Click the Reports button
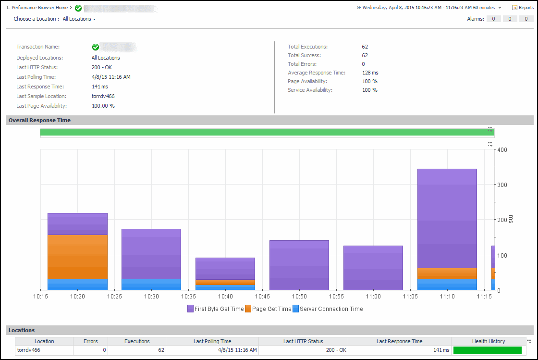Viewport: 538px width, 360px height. pyautogui.click(x=523, y=8)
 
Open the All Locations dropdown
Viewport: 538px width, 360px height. pyautogui.click(x=79, y=19)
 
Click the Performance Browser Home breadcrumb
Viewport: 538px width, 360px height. pyautogui.click(x=39, y=8)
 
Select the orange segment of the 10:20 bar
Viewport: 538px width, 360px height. pyautogui.click(x=77, y=257)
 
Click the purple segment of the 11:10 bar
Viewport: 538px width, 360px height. pyautogui.click(x=447, y=218)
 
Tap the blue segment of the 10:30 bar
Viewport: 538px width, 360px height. pyautogui.click(x=151, y=285)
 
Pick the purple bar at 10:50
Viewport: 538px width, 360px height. pyautogui.click(x=299, y=265)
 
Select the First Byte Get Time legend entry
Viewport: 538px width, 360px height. pyautogui.click(x=216, y=309)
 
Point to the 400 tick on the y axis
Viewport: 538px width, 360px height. pyautogui.click(x=502, y=150)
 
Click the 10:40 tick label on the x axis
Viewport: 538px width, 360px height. pyautogui.click(x=225, y=297)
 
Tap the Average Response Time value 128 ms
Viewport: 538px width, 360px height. pyautogui.click(x=370, y=73)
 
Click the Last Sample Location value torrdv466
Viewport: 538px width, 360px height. pyautogui.click(x=103, y=96)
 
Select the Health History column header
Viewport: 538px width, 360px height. pyautogui.click(x=488, y=341)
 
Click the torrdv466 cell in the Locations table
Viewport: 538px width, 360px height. pyautogui.click(x=29, y=350)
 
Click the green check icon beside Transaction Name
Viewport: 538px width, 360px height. pyautogui.click(x=95, y=47)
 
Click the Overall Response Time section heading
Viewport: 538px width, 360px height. pyautogui.click(x=39, y=120)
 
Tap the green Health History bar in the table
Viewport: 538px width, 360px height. pyautogui.click(x=487, y=350)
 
